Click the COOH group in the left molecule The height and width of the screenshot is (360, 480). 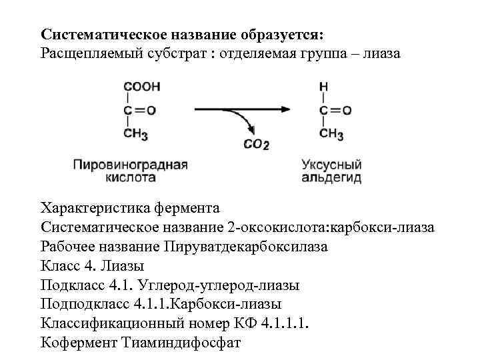click(141, 87)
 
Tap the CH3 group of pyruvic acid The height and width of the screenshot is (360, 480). click(137, 134)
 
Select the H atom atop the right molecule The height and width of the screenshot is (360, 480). click(323, 87)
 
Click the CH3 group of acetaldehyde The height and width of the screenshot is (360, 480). click(332, 134)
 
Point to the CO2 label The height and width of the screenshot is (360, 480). click(256, 143)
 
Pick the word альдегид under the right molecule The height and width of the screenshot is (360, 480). click(331, 178)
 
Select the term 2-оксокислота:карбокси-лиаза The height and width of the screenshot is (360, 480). click(331, 228)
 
